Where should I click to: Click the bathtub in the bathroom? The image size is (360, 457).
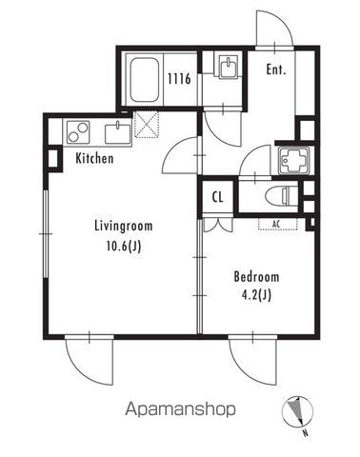(145, 80)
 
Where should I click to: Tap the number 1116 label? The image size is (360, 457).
(180, 78)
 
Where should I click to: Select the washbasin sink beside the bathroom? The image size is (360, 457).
(228, 67)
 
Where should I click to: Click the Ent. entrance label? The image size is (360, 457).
(276, 70)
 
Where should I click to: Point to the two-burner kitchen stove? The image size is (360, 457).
(78, 132)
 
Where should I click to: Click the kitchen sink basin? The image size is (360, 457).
(118, 134)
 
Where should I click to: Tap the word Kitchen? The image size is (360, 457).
(94, 158)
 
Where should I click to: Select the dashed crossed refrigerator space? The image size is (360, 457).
(147, 125)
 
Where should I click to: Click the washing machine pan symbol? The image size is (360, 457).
(293, 160)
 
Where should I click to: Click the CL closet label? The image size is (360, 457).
(217, 197)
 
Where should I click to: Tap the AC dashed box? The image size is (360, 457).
(278, 224)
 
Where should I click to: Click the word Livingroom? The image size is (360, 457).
(124, 227)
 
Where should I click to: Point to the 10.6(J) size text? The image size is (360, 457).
(124, 246)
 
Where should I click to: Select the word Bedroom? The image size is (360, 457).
(256, 277)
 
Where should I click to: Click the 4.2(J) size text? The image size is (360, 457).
(256, 295)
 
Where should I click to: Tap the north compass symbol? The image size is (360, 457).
(297, 411)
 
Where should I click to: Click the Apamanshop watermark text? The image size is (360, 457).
(180, 409)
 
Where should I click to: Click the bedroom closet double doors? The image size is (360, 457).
(218, 226)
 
